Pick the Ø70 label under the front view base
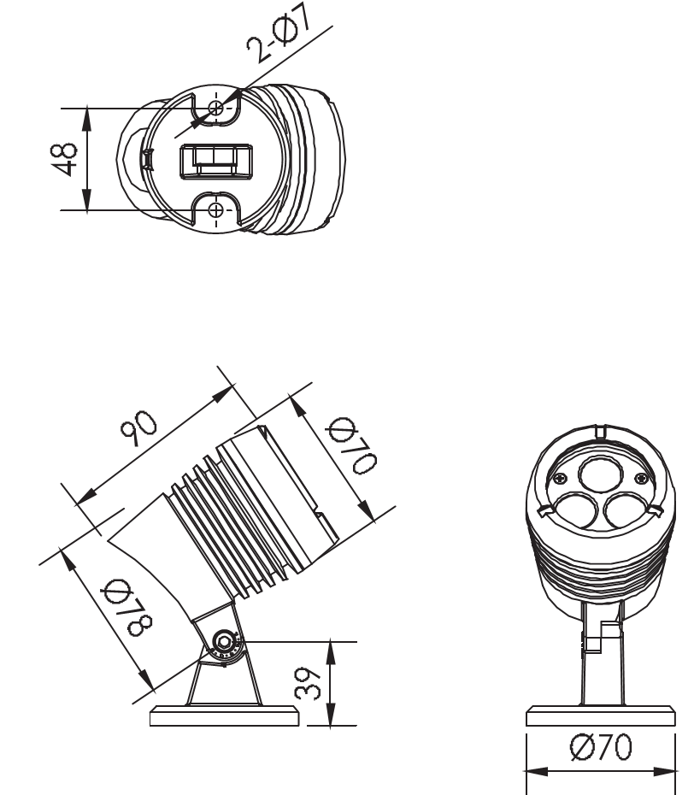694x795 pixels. (x=602, y=749)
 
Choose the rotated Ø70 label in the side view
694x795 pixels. (x=350, y=445)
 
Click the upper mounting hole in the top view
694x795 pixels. (x=216, y=108)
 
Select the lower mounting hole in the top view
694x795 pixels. (x=216, y=209)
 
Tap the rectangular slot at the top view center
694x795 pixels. (x=217, y=160)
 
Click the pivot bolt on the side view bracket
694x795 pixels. (x=225, y=641)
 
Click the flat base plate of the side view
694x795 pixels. (x=225, y=716)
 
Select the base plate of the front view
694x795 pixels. (x=602, y=716)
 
